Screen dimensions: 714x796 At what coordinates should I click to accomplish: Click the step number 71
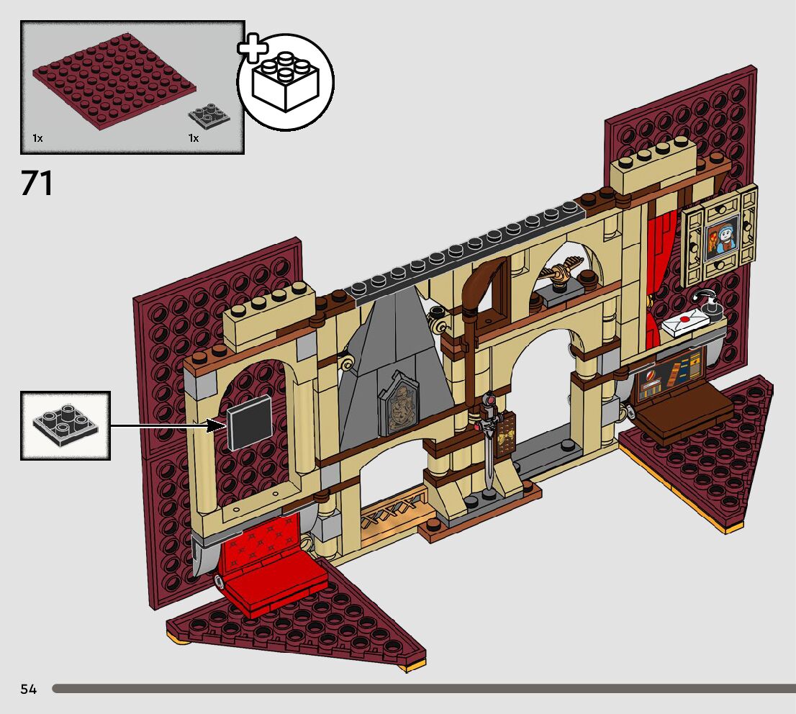pos(37,184)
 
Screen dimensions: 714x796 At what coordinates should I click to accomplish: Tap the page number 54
pos(28,690)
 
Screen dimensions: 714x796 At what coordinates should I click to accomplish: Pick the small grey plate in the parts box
pos(209,115)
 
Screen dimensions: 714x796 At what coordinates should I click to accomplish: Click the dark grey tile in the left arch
pos(250,423)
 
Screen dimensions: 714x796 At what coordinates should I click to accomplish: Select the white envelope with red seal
pos(688,322)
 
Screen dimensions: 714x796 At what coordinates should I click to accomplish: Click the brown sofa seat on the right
pos(684,415)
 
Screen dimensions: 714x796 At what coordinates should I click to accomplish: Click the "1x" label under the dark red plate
pos(37,137)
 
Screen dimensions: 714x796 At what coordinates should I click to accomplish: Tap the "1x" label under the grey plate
pos(194,137)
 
